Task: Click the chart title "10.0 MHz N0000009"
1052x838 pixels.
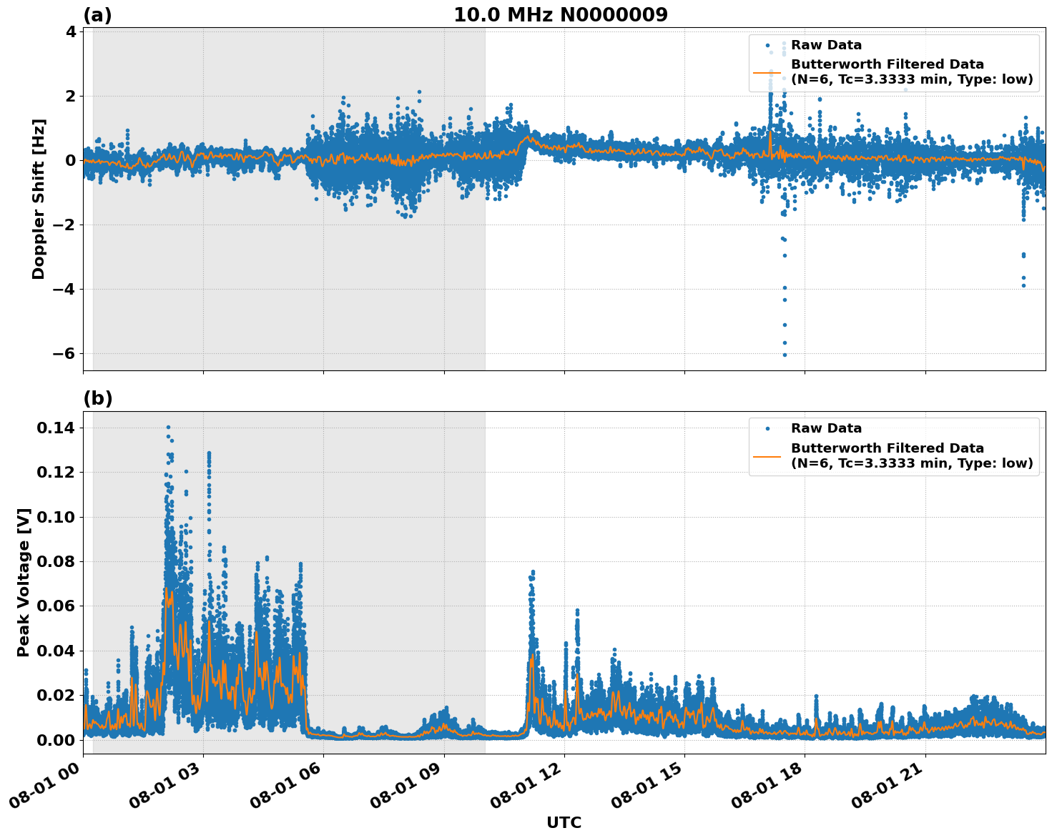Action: [x=561, y=15]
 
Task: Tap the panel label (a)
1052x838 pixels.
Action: [x=97, y=15]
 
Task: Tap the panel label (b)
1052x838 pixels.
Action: [x=97, y=398]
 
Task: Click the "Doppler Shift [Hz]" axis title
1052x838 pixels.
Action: [x=39, y=199]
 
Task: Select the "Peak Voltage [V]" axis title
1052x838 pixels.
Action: [x=24, y=582]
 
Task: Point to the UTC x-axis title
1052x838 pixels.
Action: [x=564, y=822]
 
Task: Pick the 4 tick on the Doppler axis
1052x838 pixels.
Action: [x=71, y=31]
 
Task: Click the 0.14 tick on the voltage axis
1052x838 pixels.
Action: [x=56, y=428]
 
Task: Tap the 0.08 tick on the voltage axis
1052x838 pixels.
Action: [x=56, y=562]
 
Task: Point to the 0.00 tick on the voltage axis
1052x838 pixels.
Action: [x=56, y=740]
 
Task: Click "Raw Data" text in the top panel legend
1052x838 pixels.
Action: [x=826, y=45]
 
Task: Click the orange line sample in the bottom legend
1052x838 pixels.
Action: [x=767, y=455]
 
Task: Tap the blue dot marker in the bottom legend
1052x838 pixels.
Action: [x=767, y=428]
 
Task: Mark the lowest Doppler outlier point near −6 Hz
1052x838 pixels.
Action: [x=785, y=355]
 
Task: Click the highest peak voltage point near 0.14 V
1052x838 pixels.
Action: [x=168, y=428]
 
